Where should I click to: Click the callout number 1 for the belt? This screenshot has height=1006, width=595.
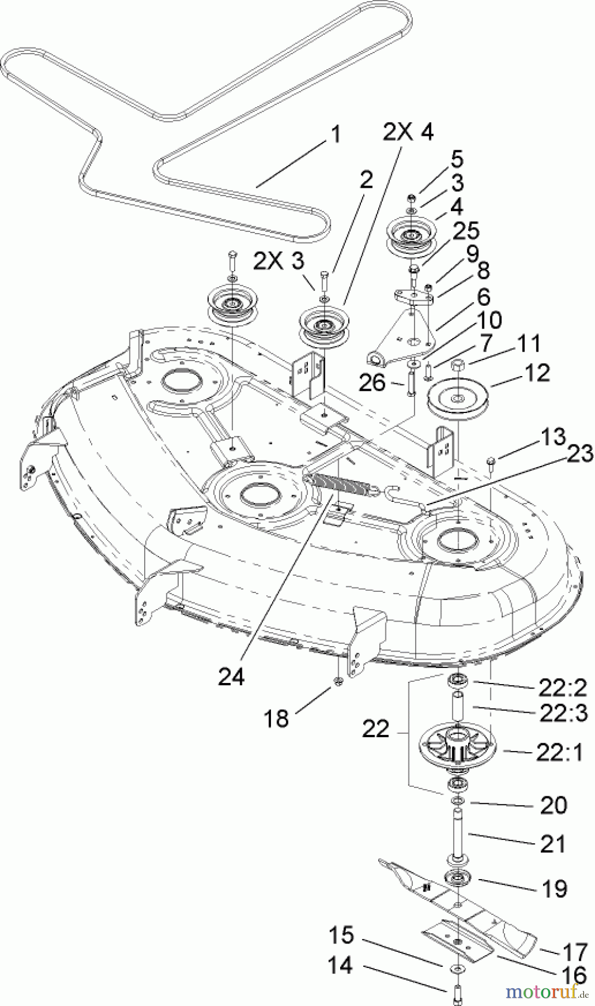pyautogui.click(x=335, y=135)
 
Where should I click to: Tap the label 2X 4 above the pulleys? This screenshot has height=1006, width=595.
pyautogui.click(x=408, y=134)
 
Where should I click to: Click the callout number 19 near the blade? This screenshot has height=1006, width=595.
pyautogui.click(x=554, y=888)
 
